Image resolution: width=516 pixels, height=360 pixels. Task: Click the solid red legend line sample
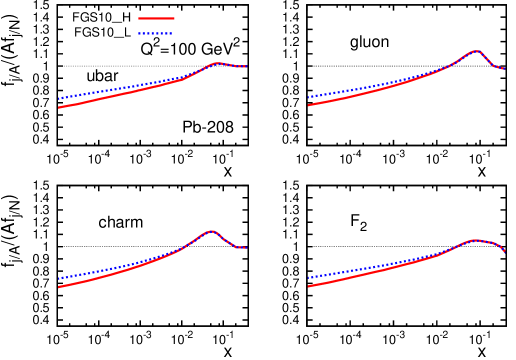156,18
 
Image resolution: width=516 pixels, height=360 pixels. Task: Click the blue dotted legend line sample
155,34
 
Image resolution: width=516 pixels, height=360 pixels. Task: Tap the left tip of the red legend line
139,18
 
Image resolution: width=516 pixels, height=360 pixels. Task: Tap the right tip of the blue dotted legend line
172,34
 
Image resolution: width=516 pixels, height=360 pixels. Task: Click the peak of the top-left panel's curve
217,63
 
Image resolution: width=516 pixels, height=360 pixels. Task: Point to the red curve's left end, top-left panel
59,107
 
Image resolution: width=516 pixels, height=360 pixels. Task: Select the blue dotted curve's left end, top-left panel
59,99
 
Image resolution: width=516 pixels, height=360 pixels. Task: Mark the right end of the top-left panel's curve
246,67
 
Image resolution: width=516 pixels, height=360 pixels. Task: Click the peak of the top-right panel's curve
476,51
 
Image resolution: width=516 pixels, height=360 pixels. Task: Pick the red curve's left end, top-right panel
309,105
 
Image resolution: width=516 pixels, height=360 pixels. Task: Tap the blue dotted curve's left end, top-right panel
309,97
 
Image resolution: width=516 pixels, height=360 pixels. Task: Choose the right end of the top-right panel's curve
504,69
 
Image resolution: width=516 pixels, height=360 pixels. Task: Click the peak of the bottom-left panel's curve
211,231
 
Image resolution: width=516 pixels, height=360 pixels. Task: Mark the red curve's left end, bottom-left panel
59,287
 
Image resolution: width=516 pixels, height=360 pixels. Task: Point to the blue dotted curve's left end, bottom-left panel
59,278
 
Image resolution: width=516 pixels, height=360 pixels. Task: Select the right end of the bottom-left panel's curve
246,248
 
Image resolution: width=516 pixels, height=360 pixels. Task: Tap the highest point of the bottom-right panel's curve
475,240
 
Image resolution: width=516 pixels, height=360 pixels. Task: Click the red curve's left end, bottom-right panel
309,286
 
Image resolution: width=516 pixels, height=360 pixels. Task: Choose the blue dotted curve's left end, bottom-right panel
309,277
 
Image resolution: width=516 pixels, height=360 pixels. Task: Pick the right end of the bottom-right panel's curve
505,251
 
